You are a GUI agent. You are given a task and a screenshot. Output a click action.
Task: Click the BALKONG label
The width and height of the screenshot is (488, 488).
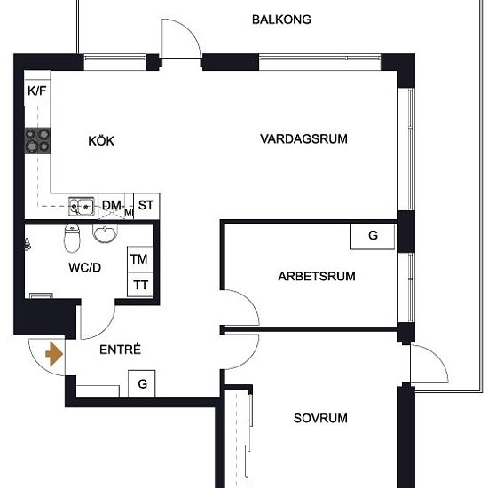(x=281, y=19)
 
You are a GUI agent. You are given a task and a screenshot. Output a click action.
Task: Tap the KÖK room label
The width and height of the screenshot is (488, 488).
(x=101, y=141)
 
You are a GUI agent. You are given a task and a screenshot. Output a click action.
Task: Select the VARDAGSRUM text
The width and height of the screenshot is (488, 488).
(x=303, y=138)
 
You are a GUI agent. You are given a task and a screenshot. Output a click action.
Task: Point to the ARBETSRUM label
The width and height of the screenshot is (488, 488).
(x=316, y=276)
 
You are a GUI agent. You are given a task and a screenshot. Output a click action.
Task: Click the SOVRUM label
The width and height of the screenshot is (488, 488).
(x=320, y=418)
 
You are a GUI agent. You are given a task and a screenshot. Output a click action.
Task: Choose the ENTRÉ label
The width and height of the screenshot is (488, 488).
(x=122, y=350)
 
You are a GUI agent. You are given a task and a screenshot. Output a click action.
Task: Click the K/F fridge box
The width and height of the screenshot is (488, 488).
(x=37, y=91)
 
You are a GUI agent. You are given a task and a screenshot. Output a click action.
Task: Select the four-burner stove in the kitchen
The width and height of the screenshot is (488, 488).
(x=37, y=139)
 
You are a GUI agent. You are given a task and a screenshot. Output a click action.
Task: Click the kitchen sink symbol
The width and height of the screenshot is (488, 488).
(x=82, y=206)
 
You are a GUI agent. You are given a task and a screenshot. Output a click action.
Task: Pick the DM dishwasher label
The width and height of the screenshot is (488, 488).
(x=111, y=206)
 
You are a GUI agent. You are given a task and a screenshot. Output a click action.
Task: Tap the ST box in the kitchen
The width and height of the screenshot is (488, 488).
(x=145, y=205)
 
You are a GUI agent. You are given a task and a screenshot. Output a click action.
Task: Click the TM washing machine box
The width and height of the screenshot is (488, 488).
(x=139, y=259)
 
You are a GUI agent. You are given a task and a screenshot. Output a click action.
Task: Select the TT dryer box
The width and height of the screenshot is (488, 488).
(x=139, y=285)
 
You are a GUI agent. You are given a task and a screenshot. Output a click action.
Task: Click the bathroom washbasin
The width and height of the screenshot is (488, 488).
(x=105, y=235)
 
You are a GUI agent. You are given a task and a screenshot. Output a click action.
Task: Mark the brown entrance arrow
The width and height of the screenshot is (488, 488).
(x=54, y=355)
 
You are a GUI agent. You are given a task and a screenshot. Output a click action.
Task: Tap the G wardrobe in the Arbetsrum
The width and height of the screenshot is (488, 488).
(x=373, y=236)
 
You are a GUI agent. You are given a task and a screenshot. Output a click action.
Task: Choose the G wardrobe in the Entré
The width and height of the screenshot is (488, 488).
(x=140, y=384)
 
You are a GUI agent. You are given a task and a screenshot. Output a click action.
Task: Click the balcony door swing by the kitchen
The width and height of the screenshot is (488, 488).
(x=180, y=40)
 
